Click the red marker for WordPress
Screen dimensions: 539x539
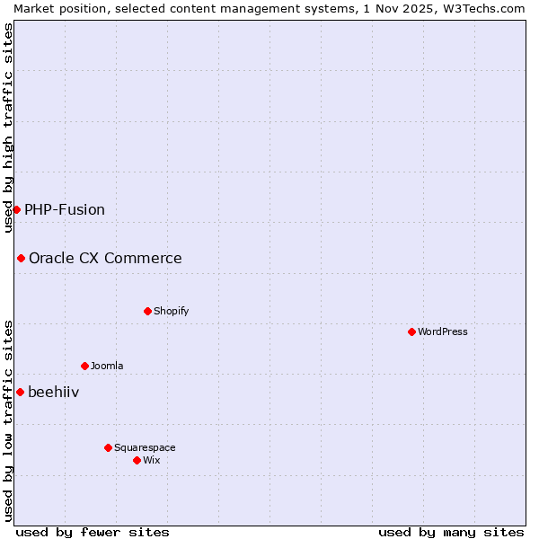(411, 331)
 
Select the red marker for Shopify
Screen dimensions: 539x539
(147, 311)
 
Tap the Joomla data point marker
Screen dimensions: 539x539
(84, 366)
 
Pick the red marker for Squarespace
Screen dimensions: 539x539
(108, 447)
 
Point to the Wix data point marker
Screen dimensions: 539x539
(137, 460)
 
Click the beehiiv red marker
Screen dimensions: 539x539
(20, 392)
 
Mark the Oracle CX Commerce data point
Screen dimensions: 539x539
(21, 258)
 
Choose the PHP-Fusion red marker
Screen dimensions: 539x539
(16, 209)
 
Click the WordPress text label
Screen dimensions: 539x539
(443, 331)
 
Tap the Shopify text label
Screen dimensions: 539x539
(171, 311)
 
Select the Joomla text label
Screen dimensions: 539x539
(107, 366)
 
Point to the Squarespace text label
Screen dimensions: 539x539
(145, 447)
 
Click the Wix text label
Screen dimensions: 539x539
(151, 460)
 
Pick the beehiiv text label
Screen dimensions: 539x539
(54, 392)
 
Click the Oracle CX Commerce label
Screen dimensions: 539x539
(105, 259)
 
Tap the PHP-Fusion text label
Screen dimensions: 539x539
(65, 209)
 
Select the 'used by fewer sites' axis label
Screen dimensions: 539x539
(93, 532)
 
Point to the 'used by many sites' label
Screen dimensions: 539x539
(451, 532)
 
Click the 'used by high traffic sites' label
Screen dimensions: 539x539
(8, 128)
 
